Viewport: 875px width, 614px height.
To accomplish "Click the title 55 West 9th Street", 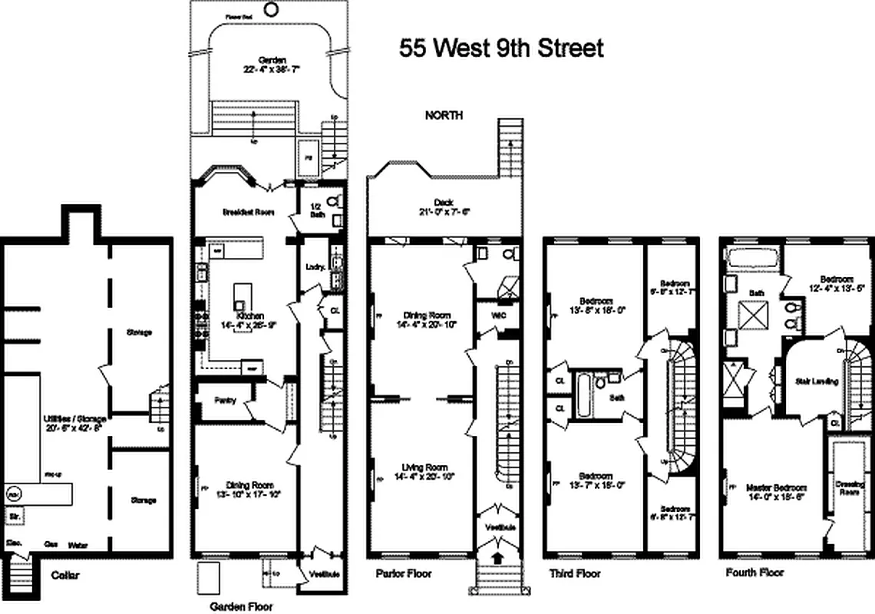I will pos(501,48).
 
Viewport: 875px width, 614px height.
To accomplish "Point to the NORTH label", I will pos(444,115).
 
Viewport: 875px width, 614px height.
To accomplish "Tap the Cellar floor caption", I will pos(65,575).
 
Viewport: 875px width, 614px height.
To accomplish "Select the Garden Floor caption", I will pos(241,606).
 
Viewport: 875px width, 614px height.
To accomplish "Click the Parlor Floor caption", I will pos(403,573).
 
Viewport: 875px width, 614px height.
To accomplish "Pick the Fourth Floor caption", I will pos(754,573).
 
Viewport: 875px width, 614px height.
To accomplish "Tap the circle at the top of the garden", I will pos(271,9).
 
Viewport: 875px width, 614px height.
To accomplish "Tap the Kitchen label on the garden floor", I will pos(250,315).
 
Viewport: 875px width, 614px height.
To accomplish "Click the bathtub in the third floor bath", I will pos(585,394).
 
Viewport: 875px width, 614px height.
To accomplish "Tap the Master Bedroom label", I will pos(775,487).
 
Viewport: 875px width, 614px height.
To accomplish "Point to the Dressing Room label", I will pos(850,488).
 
